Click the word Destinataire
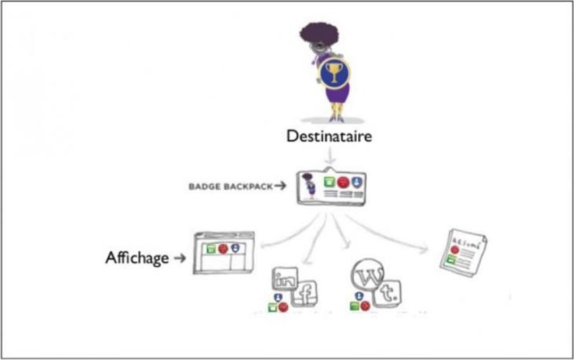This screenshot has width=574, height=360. [329, 136]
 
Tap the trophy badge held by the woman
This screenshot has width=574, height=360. [333, 74]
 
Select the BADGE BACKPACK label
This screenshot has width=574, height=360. [230, 187]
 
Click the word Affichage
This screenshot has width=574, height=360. [137, 258]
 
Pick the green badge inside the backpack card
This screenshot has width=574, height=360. [330, 181]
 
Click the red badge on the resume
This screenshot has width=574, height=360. [455, 249]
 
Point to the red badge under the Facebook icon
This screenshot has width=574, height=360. [283, 307]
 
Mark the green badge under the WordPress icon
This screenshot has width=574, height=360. [354, 305]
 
